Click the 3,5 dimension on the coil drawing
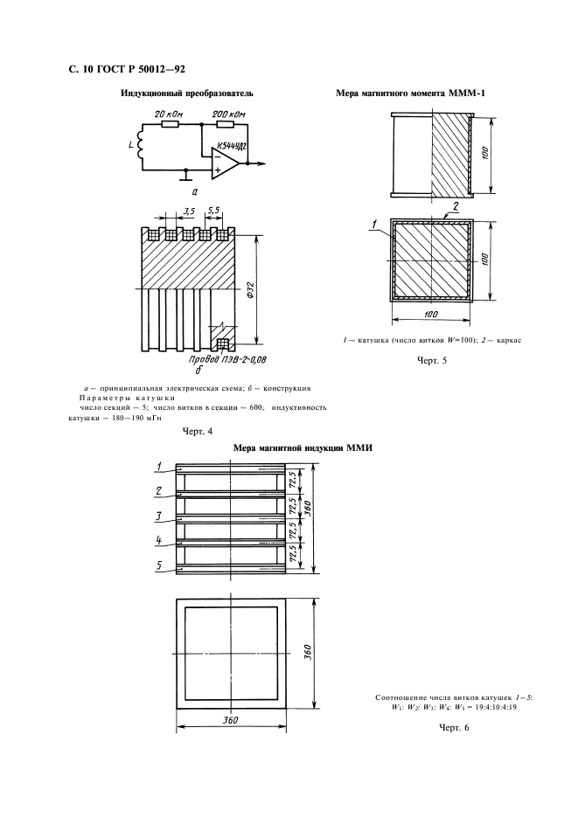point(189,211)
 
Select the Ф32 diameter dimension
point(251,290)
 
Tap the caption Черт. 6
point(455,728)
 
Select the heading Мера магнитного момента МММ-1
point(403,93)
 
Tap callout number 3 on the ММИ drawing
point(158,515)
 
